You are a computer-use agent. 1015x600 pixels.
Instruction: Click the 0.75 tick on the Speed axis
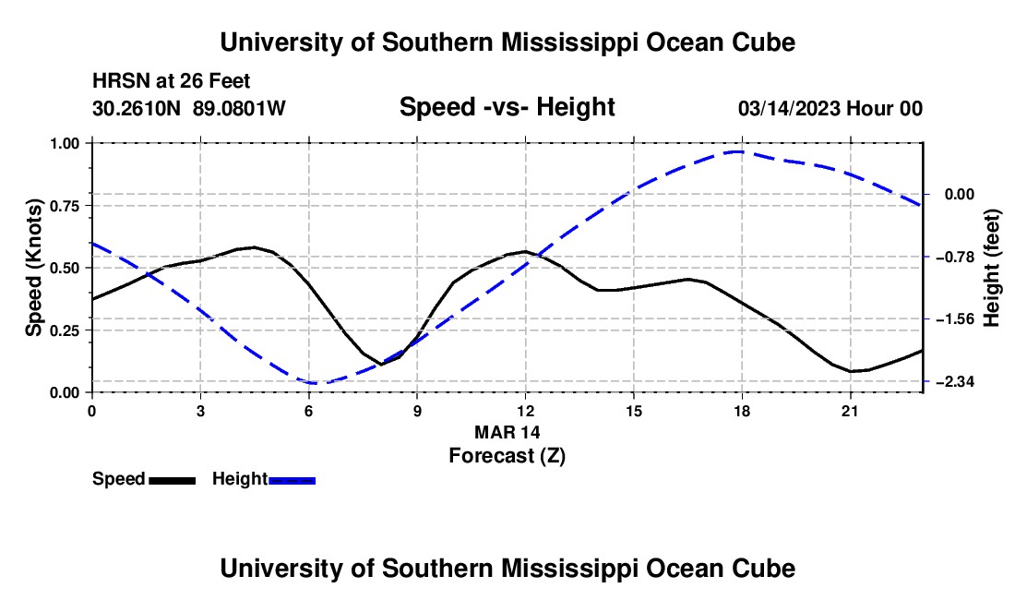pyautogui.click(x=65, y=206)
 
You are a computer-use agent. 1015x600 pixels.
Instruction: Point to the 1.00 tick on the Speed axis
pyautogui.click(x=65, y=143)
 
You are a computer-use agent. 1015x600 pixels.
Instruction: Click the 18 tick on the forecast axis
pyautogui.click(x=742, y=411)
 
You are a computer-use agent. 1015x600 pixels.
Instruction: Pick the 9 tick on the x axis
pyautogui.click(x=417, y=411)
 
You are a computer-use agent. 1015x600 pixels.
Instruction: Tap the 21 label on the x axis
pyautogui.click(x=850, y=411)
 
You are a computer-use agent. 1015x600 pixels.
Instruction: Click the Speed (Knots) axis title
pyautogui.click(x=33, y=268)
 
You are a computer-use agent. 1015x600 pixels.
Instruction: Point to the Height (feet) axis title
pyautogui.click(x=992, y=268)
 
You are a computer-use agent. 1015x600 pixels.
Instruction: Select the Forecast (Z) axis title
pyautogui.click(x=507, y=456)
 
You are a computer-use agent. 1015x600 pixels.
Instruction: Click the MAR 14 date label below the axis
pyautogui.click(x=507, y=432)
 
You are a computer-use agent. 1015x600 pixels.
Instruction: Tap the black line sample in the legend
pyautogui.click(x=173, y=481)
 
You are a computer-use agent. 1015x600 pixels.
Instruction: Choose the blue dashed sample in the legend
pyautogui.click(x=292, y=481)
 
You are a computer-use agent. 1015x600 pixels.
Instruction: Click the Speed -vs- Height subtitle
pyautogui.click(x=507, y=107)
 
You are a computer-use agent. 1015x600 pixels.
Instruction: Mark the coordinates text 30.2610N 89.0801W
pyautogui.click(x=189, y=108)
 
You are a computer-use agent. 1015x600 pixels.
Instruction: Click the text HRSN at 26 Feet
pyautogui.click(x=171, y=81)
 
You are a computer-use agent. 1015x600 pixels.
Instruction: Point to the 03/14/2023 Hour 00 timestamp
pyautogui.click(x=830, y=108)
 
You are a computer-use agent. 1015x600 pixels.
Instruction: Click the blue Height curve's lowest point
pyautogui.click(x=316, y=383)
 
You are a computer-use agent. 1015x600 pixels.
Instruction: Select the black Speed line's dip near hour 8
pyautogui.click(x=380, y=365)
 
